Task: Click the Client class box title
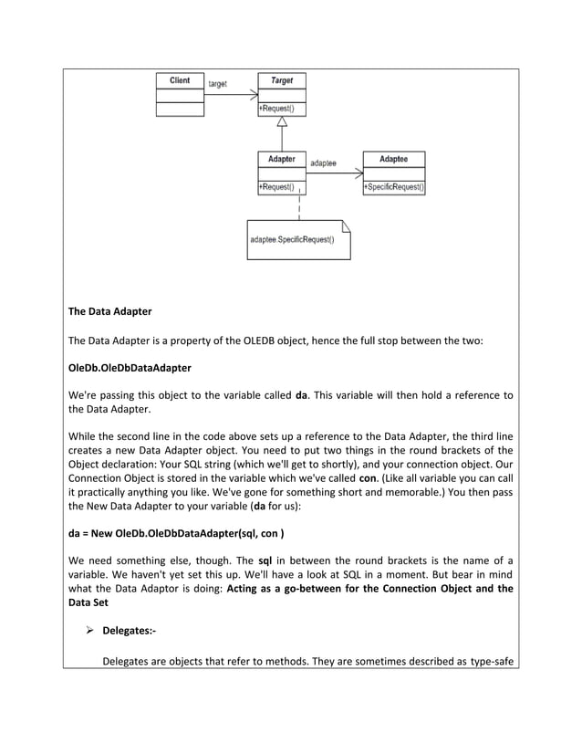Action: click(x=180, y=80)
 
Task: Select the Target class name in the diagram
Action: click(x=282, y=80)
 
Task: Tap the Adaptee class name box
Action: click(x=393, y=159)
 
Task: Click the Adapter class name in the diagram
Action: click(x=282, y=159)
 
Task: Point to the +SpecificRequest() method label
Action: click(x=394, y=187)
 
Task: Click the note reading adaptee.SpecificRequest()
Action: click(x=293, y=240)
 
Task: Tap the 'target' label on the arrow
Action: click(x=219, y=84)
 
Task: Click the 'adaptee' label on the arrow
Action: click(x=324, y=162)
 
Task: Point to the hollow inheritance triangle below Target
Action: click(x=282, y=122)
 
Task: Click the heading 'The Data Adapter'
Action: click(x=110, y=311)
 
